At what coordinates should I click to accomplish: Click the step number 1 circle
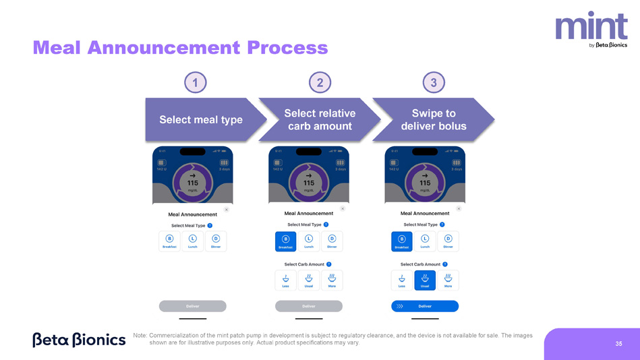(195, 83)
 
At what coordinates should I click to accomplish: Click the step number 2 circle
(320, 83)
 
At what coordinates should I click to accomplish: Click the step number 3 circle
(434, 83)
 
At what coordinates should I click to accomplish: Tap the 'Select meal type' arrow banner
(201, 119)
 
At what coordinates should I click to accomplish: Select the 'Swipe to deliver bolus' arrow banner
(433, 119)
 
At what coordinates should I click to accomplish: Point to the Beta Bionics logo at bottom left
(79, 339)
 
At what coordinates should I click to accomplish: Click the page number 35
(618, 344)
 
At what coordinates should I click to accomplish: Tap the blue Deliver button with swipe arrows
(425, 306)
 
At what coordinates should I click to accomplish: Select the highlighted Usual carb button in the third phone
(425, 280)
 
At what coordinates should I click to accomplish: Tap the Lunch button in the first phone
(193, 241)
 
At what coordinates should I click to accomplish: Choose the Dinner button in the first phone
(216, 241)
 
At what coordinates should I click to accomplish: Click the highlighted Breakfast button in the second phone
(286, 241)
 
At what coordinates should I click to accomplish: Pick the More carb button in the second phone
(332, 280)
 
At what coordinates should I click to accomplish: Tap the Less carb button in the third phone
(402, 280)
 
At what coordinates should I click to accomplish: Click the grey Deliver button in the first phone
(193, 306)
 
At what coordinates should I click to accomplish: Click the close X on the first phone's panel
(226, 210)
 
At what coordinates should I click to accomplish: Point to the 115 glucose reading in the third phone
(425, 183)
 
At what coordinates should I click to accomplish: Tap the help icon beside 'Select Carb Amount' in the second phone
(328, 264)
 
